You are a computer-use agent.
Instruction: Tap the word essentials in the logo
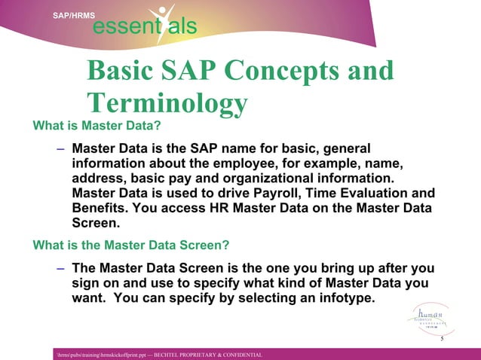pos(144,28)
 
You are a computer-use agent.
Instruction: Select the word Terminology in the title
pos(167,103)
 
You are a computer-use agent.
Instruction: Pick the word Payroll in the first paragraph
pos(282,194)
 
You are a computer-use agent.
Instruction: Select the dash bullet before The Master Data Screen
pos(60,267)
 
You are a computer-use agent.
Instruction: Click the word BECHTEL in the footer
pos(170,354)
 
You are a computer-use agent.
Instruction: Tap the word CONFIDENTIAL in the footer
pos(239,354)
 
